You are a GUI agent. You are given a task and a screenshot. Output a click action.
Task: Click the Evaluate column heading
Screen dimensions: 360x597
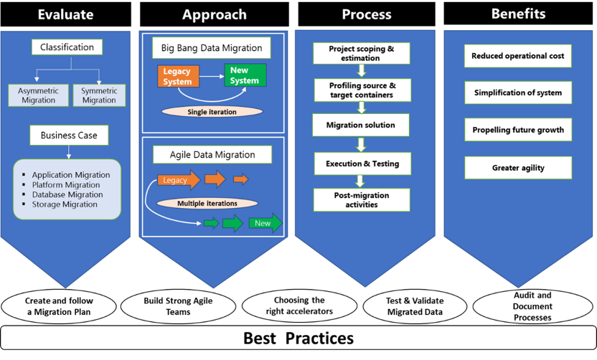point(65,15)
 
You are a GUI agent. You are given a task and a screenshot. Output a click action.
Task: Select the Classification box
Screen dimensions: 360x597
point(67,47)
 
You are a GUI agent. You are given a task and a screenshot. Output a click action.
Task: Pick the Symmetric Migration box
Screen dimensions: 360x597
point(99,95)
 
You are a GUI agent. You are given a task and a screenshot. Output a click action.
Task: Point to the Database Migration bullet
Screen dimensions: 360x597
point(67,194)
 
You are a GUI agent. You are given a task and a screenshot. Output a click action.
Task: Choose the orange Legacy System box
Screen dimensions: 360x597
point(177,76)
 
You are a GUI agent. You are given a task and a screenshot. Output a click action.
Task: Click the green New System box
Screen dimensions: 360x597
point(245,75)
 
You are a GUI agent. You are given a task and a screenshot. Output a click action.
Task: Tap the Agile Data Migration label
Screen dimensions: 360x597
point(212,153)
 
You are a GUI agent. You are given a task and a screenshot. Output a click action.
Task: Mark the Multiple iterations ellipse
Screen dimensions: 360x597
point(207,204)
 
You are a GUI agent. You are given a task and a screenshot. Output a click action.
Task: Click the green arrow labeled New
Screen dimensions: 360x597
point(265,223)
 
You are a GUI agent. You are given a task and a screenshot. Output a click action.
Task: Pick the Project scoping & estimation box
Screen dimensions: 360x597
point(362,53)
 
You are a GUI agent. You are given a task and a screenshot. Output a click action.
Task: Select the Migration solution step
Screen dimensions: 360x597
point(361,125)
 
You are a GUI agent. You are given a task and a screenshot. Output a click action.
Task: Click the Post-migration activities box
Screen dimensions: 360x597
point(362,199)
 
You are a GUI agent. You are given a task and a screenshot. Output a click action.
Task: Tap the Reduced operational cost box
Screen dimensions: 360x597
point(518,56)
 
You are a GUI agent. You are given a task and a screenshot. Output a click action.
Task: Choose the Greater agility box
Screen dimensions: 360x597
point(518,168)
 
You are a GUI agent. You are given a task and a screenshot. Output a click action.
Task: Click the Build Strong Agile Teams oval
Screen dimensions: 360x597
point(177,306)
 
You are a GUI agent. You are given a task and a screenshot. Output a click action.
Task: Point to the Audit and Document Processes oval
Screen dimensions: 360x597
point(534,306)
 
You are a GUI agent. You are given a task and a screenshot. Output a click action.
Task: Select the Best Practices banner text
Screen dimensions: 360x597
point(298,338)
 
